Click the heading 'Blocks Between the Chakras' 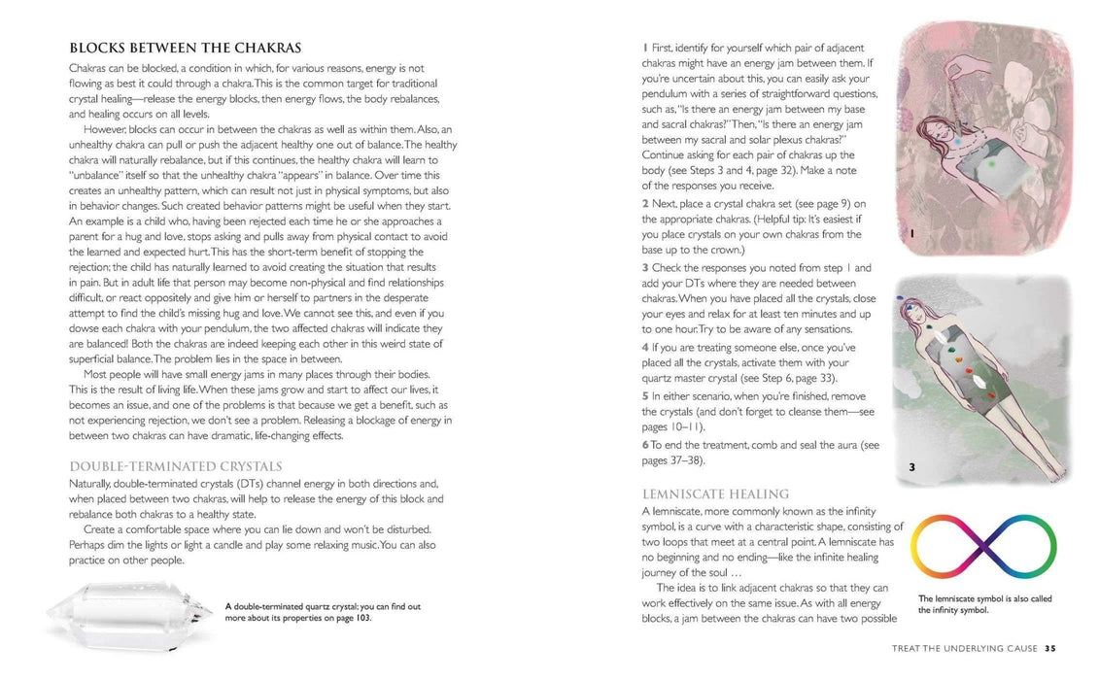pos(186,48)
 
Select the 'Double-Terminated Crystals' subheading pos(176,465)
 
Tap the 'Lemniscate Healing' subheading pos(715,494)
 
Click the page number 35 pos(1050,648)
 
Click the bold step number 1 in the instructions pos(644,48)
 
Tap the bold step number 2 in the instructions pos(645,203)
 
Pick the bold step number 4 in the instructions pos(645,347)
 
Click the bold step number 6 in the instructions pos(645,444)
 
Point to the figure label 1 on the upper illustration pos(911,234)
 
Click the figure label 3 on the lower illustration pos(911,468)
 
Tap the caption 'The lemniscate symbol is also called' pos(984,598)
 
